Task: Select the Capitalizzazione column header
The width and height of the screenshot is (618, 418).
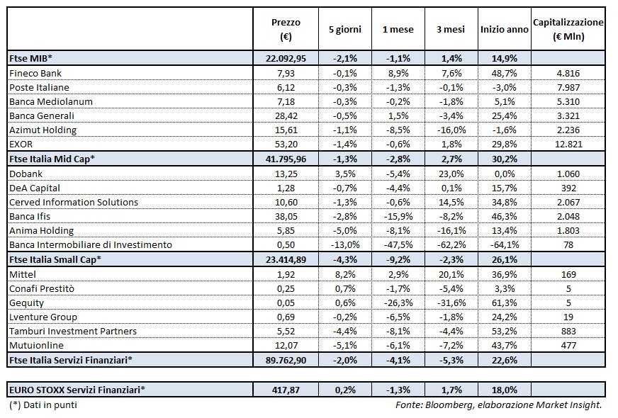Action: (x=568, y=30)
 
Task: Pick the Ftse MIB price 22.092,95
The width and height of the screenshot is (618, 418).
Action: (x=287, y=58)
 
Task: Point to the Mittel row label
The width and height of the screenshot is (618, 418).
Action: (x=23, y=273)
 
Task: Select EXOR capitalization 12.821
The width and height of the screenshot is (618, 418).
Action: (x=568, y=144)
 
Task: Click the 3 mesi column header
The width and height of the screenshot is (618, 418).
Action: (x=451, y=30)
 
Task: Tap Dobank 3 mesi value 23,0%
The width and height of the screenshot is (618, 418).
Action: (x=451, y=173)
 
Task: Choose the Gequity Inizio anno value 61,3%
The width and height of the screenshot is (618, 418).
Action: (x=504, y=303)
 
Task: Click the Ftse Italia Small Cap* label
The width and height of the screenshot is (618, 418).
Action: (x=55, y=259)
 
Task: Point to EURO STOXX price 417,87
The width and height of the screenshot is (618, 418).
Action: (x=287, y=390)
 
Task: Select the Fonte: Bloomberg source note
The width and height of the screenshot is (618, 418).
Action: (x=499, y=405)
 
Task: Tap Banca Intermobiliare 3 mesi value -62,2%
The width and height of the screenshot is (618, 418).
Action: (x=451, y=244)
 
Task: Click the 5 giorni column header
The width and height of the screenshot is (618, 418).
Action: (x=344, y=30)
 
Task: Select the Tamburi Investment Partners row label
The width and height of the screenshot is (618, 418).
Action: (x=73, y=331)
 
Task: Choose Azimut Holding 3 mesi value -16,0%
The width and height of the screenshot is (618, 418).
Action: (x=451, y=130)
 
